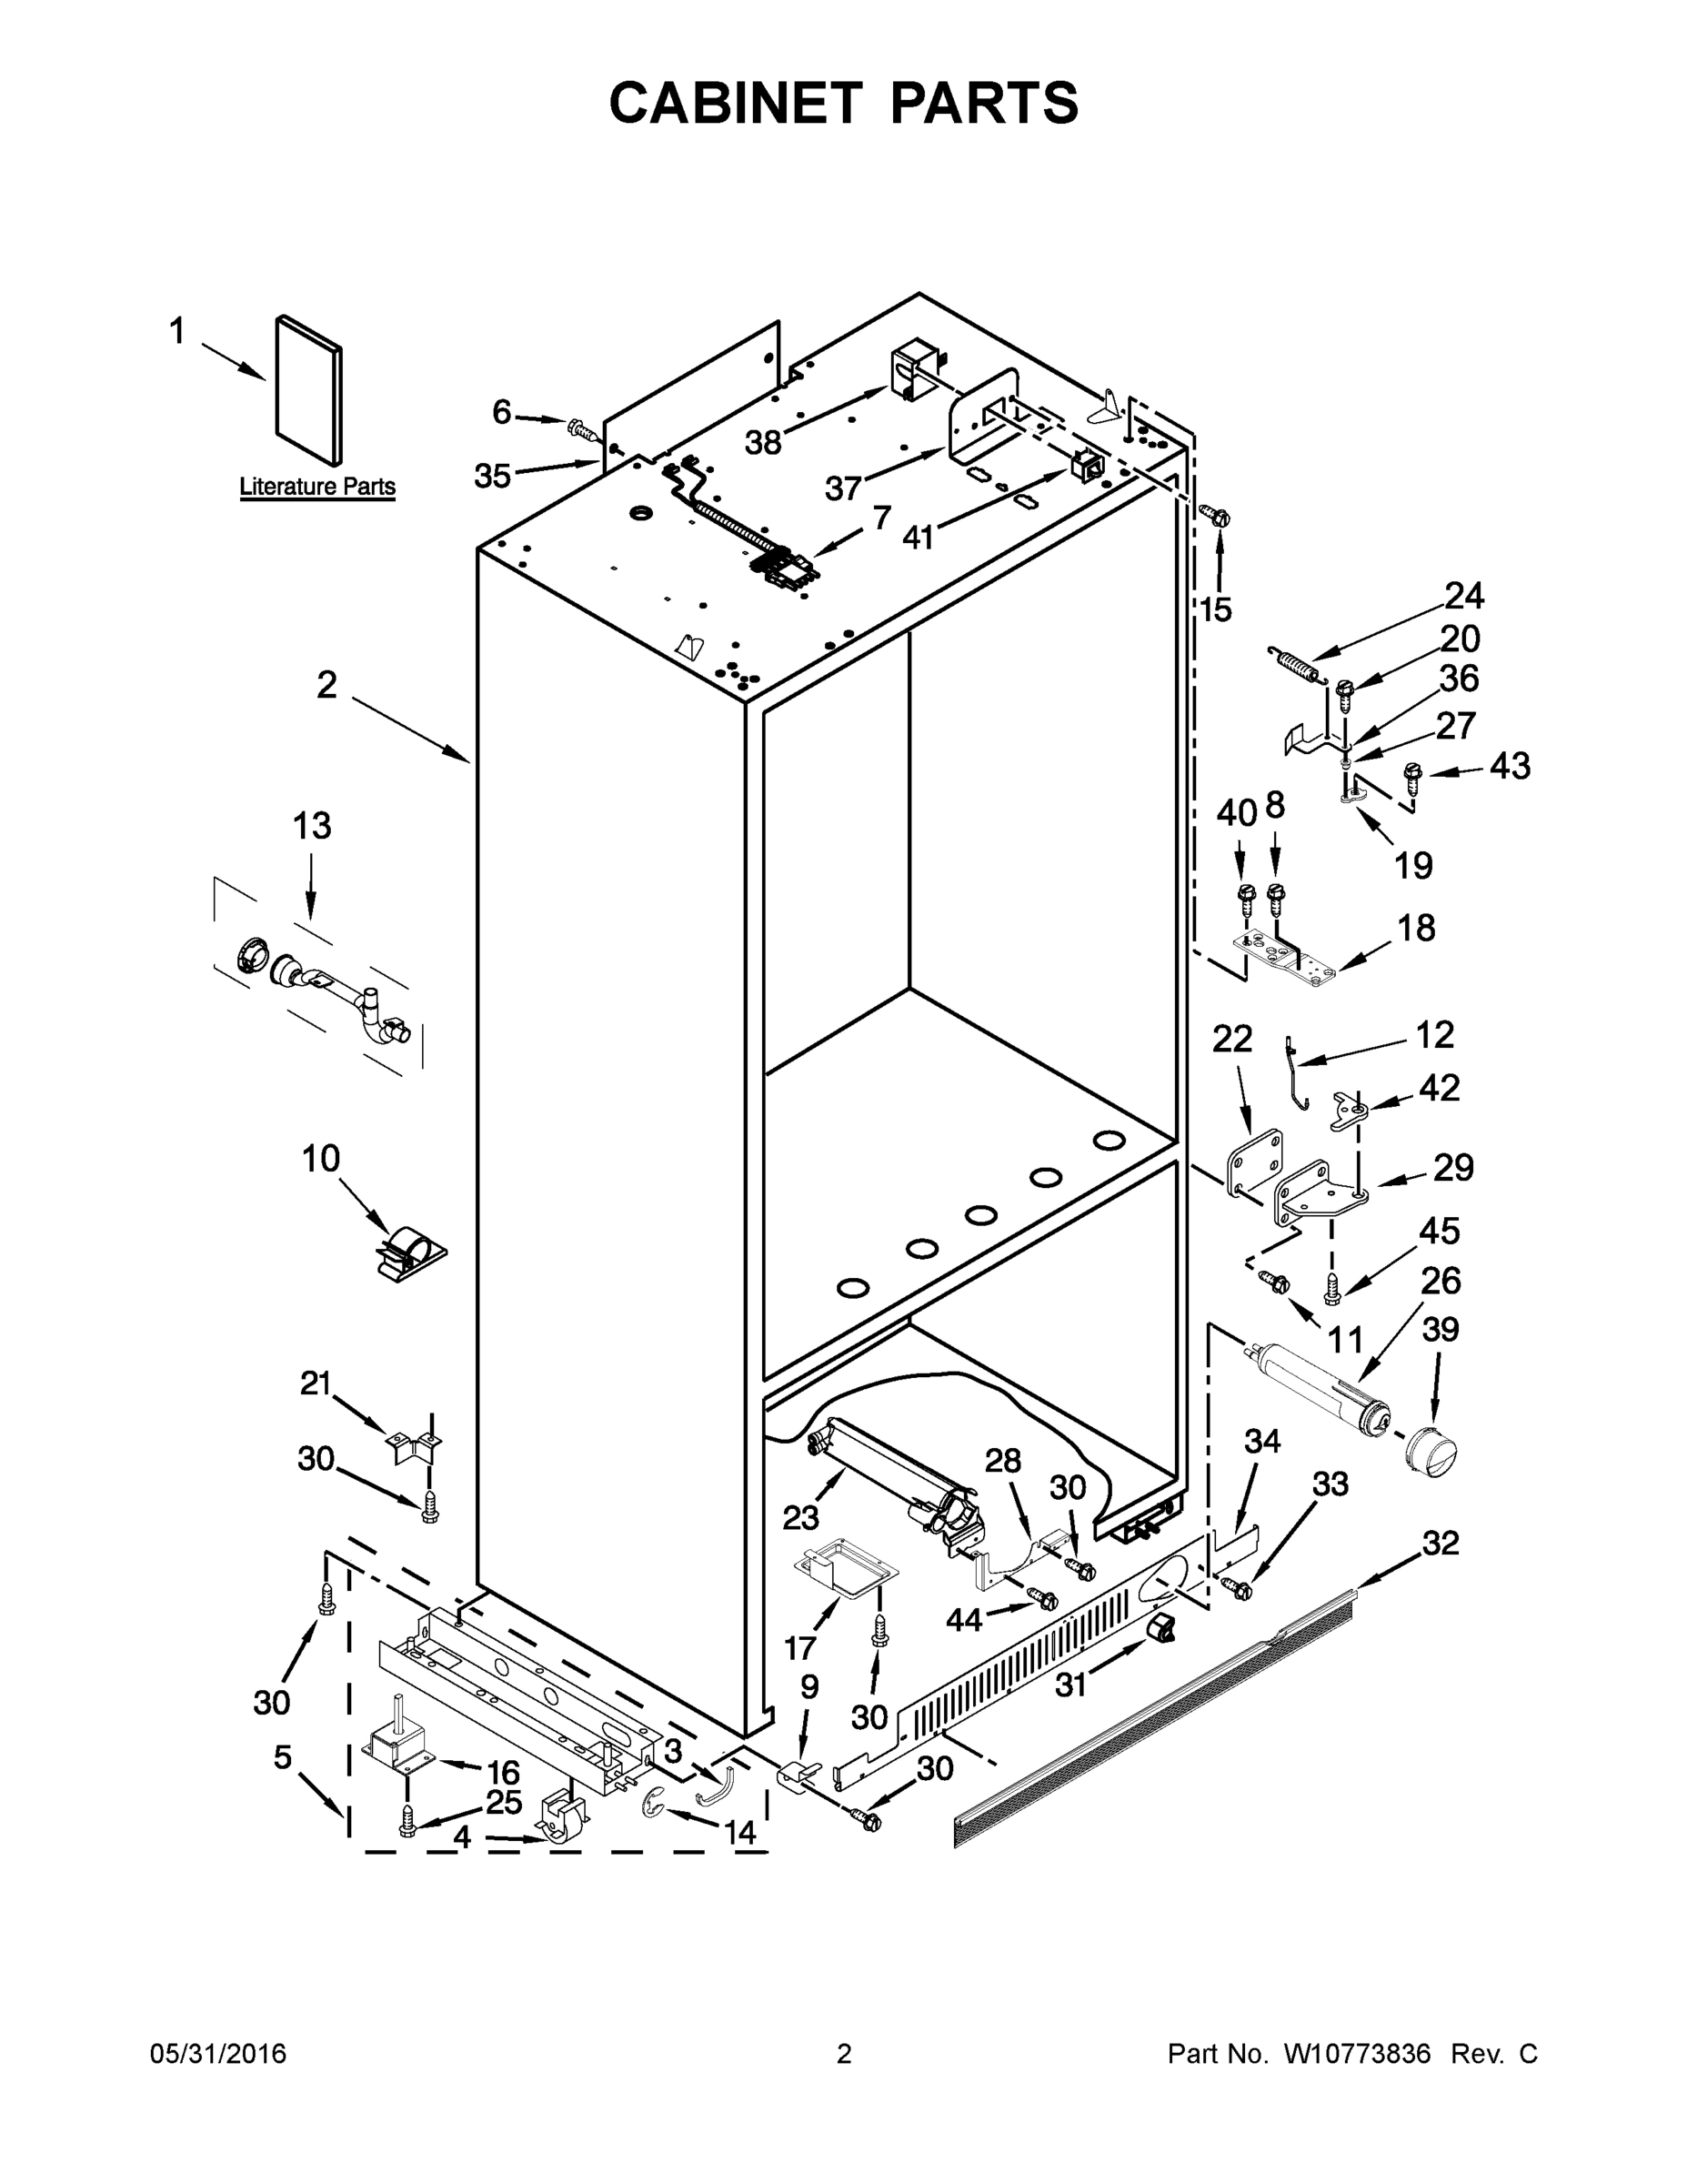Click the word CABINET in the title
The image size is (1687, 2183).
pos(736,103)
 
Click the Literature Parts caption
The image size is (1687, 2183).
pos(316,487)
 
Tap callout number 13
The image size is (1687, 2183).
pos(312,827)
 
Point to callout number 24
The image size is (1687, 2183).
pos(1464,597)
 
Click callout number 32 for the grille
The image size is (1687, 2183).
pos(1441,1544)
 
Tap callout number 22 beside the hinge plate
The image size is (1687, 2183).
pos(1232,1040)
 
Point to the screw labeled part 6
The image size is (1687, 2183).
pos(579,428)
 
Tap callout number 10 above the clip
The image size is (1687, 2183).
pos(321,1160)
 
